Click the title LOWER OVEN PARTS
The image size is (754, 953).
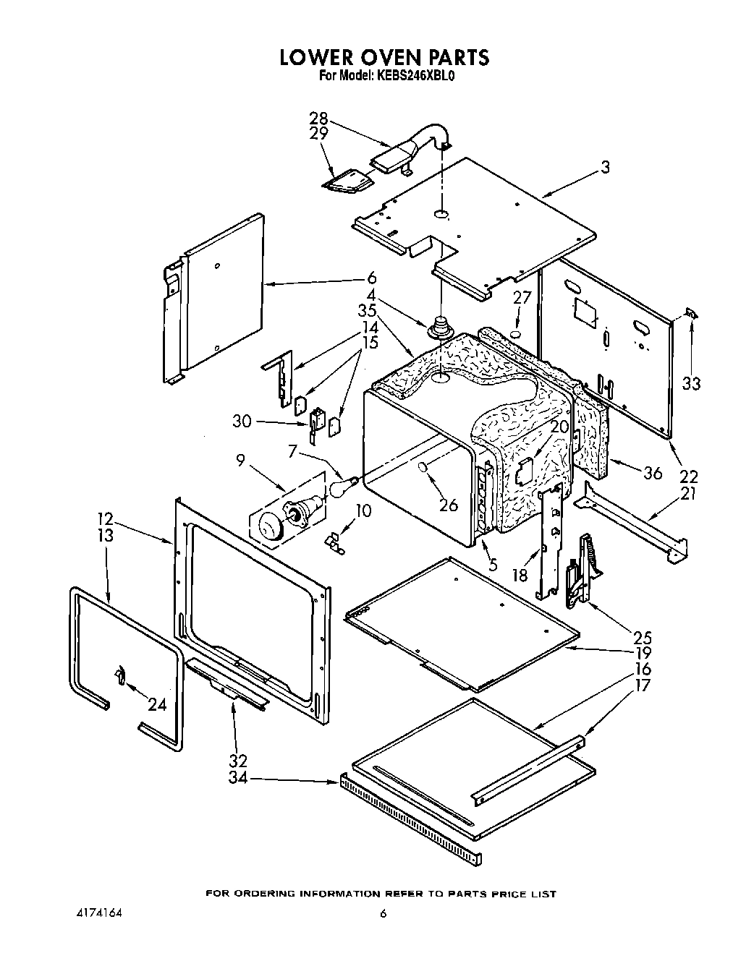[x=384, y=57]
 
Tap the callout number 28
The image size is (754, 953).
[x=318, y=119]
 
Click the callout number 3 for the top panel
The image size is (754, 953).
[x=605, y=168]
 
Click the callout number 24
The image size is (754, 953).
[x=157, y=705]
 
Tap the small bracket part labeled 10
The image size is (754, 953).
[x=335, y=542]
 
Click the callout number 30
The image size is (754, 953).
[x=242, y=421]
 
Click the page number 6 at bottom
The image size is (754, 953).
[x=384, y=913]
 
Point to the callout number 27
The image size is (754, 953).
[x=522, y=298]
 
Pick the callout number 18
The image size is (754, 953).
[x=519, y=555]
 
